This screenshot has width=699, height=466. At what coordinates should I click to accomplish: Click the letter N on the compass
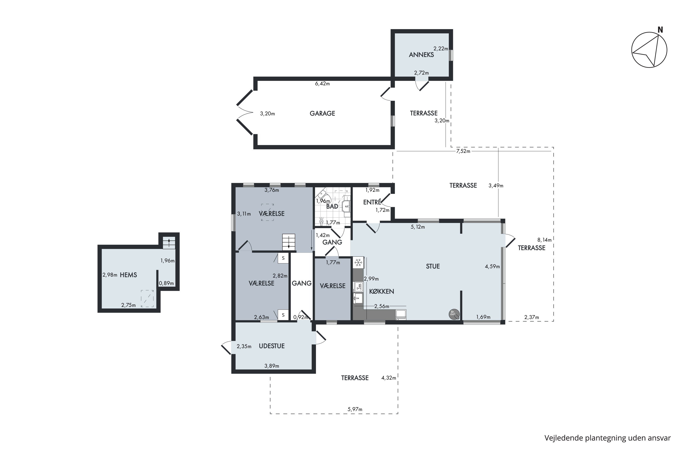(x=660, y=30)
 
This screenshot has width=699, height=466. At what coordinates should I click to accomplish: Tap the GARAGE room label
(x=322, y=113)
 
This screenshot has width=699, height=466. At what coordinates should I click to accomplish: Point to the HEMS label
(x=128, y=275)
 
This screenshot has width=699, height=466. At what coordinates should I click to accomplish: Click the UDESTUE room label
(x=272, y=346)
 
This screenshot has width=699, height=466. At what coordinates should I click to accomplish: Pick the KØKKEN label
(x=382, y=291)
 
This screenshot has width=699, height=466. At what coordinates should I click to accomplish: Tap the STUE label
(x=433, y=266)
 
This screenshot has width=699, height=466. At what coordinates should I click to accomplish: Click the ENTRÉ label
(x=372, y=202)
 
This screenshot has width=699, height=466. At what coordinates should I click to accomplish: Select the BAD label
(x=332, y=206)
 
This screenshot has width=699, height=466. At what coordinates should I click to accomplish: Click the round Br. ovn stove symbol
(x=454, y=314)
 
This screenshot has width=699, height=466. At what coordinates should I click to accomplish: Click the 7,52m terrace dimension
(x=463, y=151)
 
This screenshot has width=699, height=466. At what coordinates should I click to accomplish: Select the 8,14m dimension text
(x=545, y=240)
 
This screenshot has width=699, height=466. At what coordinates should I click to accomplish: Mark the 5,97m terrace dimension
(x=355, y=409)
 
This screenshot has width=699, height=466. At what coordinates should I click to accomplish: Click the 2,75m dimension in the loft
(x=128, y=305)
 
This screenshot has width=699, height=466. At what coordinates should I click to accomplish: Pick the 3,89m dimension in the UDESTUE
(x=272, y=366)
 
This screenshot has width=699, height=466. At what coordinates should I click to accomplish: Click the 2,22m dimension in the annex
(x=441, y=48)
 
